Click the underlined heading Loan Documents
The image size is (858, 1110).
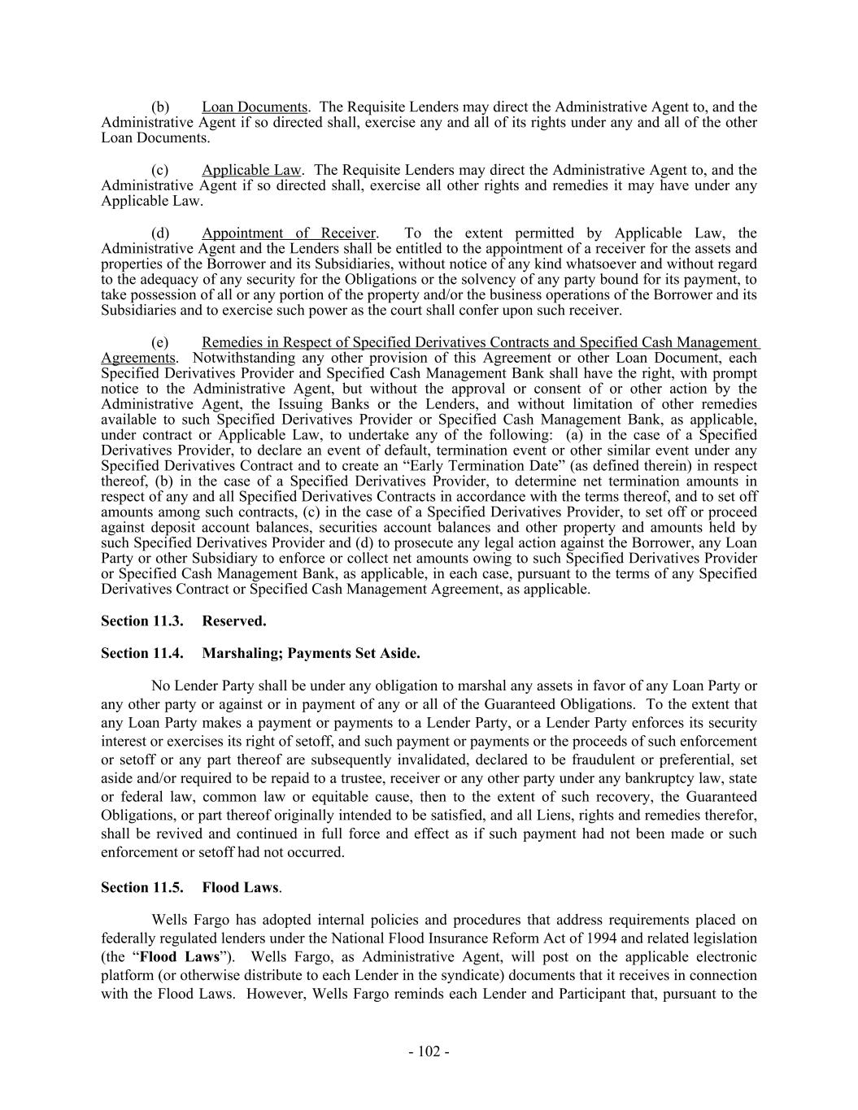(x=255, y=107)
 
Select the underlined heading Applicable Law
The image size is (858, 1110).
(x=251, y=170)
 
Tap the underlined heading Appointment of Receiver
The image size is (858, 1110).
(x=289, y=233)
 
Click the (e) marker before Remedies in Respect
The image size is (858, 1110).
(x=160, y=343)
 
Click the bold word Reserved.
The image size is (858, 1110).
(x=234, y=621)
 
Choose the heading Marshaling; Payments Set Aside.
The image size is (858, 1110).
(x=311, y=653)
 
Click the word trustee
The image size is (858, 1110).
(x=404, y=778)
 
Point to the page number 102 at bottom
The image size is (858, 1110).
(x=429, y=1051)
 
